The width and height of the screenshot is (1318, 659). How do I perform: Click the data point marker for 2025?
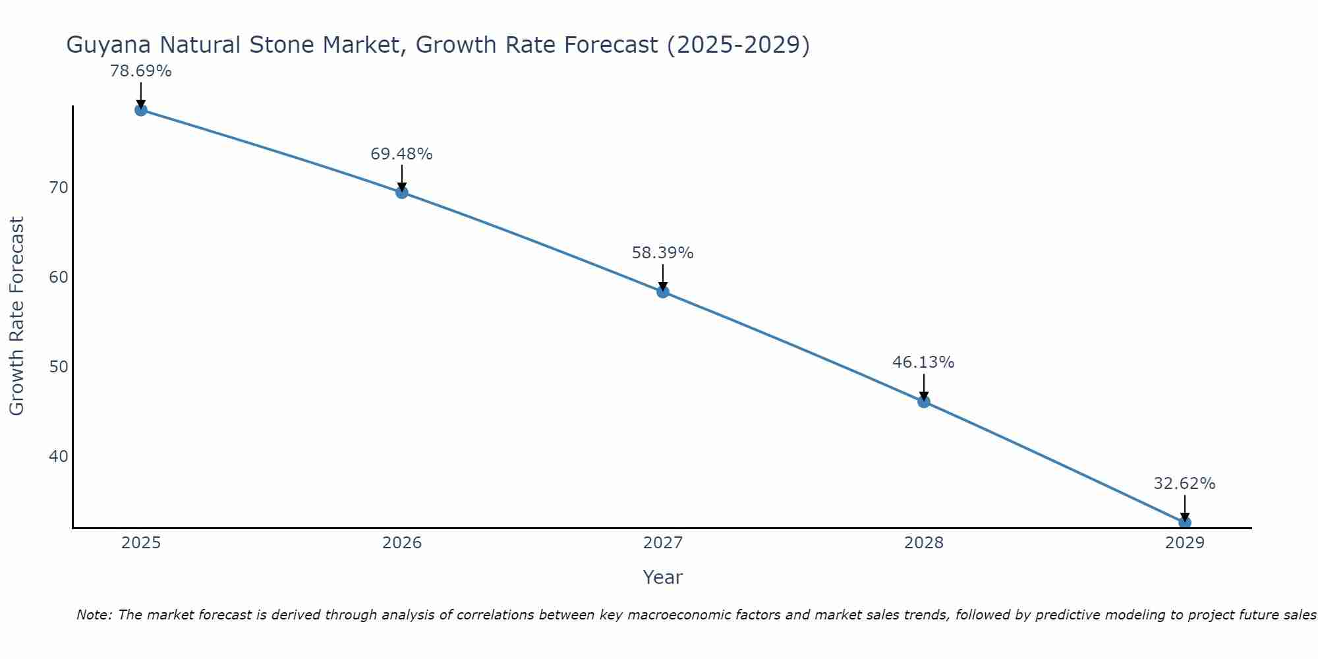click(x=140, y=110)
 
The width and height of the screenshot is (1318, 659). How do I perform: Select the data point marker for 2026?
click(x=402, y=192)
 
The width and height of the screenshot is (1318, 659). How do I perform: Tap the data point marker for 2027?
click(x=663, y=292)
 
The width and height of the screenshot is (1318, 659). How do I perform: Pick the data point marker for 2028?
click(x=924, y=401)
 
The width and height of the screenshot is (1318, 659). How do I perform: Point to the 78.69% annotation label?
click(x=140, y=71)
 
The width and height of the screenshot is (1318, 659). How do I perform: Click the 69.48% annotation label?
click(x=401, y=154)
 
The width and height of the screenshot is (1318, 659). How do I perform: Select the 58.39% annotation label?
click(x=662, y=253)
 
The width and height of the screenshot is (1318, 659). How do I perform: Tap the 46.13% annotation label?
click(x=923, y=362)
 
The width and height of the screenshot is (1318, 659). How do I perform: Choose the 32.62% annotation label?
click(x=1184, y=484)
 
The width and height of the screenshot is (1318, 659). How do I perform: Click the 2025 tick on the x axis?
click(x=141, y=543)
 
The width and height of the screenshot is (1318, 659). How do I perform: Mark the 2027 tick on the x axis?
click(x=663, y=543)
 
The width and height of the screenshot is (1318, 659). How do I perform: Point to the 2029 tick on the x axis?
click(x=1185, y=543)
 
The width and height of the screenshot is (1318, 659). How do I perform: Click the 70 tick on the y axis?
click(x=59, y=188)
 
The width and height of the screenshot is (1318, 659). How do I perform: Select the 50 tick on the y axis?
click(x=59, y=366)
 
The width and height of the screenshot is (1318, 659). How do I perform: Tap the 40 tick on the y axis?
click(x=59, y=456)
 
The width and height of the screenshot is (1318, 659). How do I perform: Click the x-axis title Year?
click(x=662, y=577)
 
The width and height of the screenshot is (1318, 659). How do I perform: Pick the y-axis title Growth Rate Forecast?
click(x=16, y=316)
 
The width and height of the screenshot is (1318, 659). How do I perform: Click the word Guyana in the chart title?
click(x=109, y=45)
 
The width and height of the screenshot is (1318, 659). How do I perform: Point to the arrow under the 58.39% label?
click(x=663, y=277)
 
